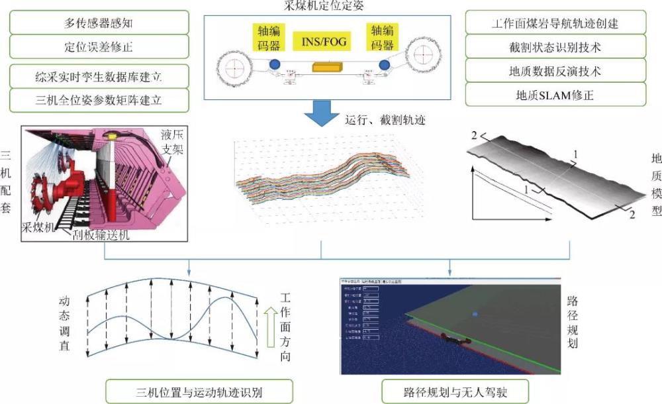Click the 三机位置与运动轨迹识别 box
pyautogui.click(x=190, y=391)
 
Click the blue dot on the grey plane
pyautogui.click(x=474, y=314)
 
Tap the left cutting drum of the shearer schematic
pyautogui.click(x=233, y=68)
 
